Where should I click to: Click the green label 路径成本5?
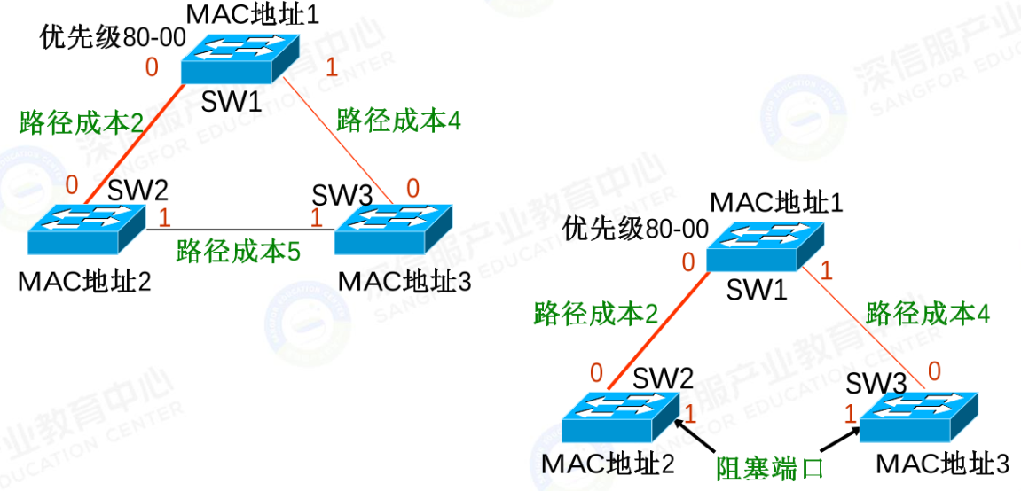(x=239, y=252)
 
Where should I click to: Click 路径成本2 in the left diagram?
(x=82, y=122)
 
